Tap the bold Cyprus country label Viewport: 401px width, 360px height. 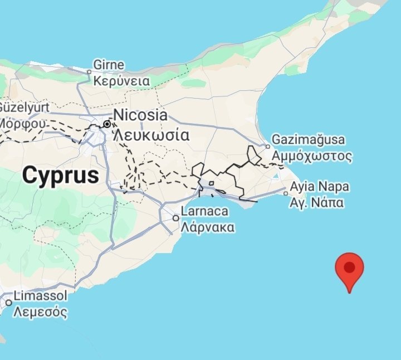61,176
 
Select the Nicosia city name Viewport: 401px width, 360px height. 140,115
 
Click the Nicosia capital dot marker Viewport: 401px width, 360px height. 106,124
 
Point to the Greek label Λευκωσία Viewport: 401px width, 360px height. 151,134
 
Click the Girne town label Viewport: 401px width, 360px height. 109,65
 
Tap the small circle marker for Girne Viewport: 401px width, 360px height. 89,71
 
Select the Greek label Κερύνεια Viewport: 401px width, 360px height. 121,81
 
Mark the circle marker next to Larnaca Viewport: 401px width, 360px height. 176,218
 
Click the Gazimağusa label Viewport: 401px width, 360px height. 308,140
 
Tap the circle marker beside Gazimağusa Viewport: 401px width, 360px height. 267,147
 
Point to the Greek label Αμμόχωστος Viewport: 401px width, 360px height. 312,155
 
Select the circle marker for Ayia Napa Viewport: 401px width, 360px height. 286,194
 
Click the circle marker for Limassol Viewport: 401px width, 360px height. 8,303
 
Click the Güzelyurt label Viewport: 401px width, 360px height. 24,106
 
